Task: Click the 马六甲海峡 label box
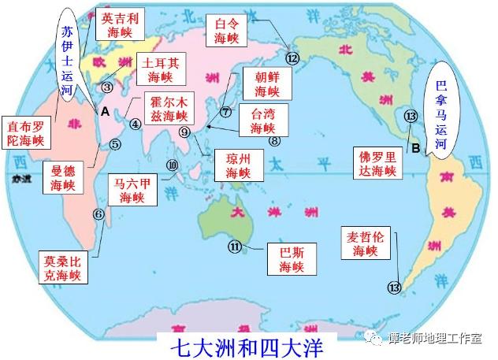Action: tap(131, 190)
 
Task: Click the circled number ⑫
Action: tap(293, 58)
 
